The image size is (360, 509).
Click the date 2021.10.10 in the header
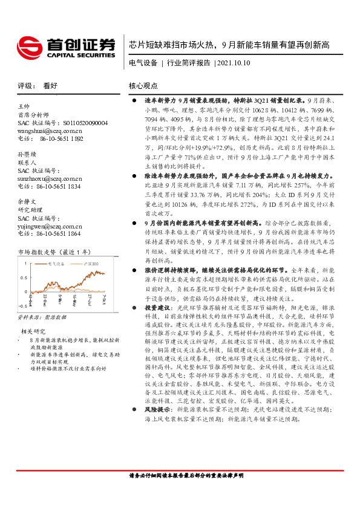click(233, 63)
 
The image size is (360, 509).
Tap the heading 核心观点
click(143, 86)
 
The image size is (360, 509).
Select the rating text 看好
click(50, 86)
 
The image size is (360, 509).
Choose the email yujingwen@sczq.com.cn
click(49, 225)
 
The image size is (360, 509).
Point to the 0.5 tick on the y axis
click(23, 277)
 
